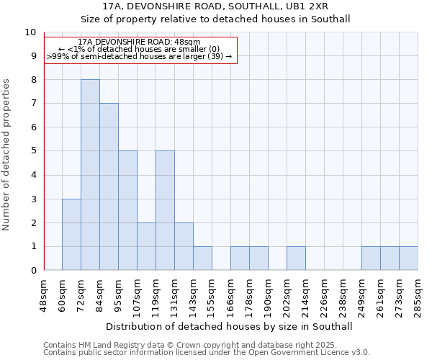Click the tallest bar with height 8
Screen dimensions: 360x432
pyautogui.click(x=90, y=175)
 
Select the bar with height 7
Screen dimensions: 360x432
pyautogui.click(x=109, y=186)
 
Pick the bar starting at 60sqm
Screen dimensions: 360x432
pyautogui.click(x=71, y=235)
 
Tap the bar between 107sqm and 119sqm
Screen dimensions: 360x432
pyautogui.click(x=146, y=246)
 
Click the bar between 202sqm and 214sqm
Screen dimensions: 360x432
pyautogui.click(x=296, y=258)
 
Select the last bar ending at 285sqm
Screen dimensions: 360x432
pyautogui.click(x=408, y=258)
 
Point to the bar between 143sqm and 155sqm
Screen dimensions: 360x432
pyautogui.click(x=202, y=258)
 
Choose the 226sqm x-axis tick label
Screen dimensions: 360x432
pyautogui.click(x=325, y=295)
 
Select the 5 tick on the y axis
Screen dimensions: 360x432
pyautogui.click(x=32, y=151)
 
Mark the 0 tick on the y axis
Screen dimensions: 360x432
pyautogui.click(x=32, y=271)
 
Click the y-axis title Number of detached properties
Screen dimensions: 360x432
pyautogui.click(x=7, y=155)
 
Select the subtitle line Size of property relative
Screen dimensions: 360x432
pyautogui.click(x=216, y=19)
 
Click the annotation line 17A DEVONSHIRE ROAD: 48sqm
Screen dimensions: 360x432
pyautogui.click(x=140, y=42)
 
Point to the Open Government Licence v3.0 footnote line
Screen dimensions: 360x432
pyautogui.click(x=207, y=353)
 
